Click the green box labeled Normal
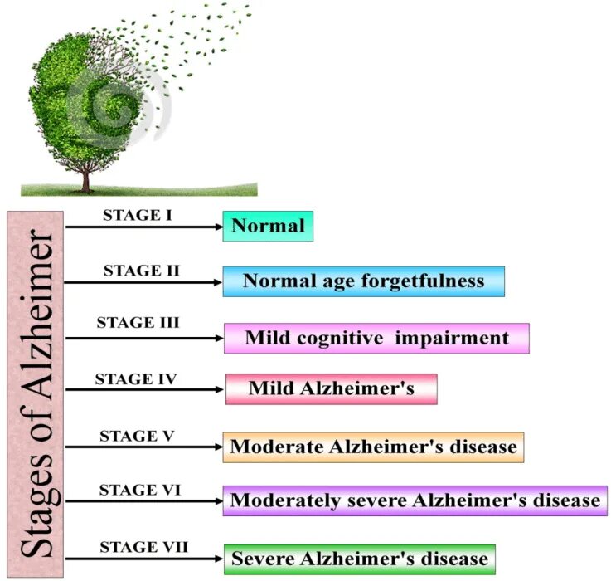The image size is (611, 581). (268, 226)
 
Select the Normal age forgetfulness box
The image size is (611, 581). (363, 281)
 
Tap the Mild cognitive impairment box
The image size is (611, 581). (376, 338)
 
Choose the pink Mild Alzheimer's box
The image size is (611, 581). (331, 388)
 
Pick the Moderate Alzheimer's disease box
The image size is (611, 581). (373, 447)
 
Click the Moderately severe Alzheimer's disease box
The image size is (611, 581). (415, 500)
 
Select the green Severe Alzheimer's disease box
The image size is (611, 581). (359, 559)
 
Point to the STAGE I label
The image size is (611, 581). (137, 214)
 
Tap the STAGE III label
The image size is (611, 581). (138, 322)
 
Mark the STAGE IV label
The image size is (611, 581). (136, 379)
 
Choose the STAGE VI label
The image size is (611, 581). (139, 491)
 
